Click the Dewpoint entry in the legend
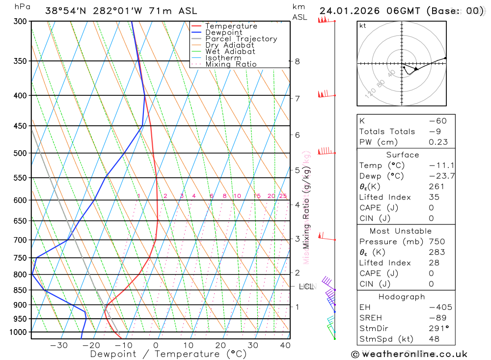point(224,32)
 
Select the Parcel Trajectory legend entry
point(241,39)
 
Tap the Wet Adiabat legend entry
point(230,52)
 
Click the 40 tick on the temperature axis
point(285,345)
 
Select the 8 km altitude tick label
point(298,61)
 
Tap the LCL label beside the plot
point(306,286)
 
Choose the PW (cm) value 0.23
point(438,142)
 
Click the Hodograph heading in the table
point(402,297)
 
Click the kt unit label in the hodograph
point(363,26)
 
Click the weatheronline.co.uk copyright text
point(409,354)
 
